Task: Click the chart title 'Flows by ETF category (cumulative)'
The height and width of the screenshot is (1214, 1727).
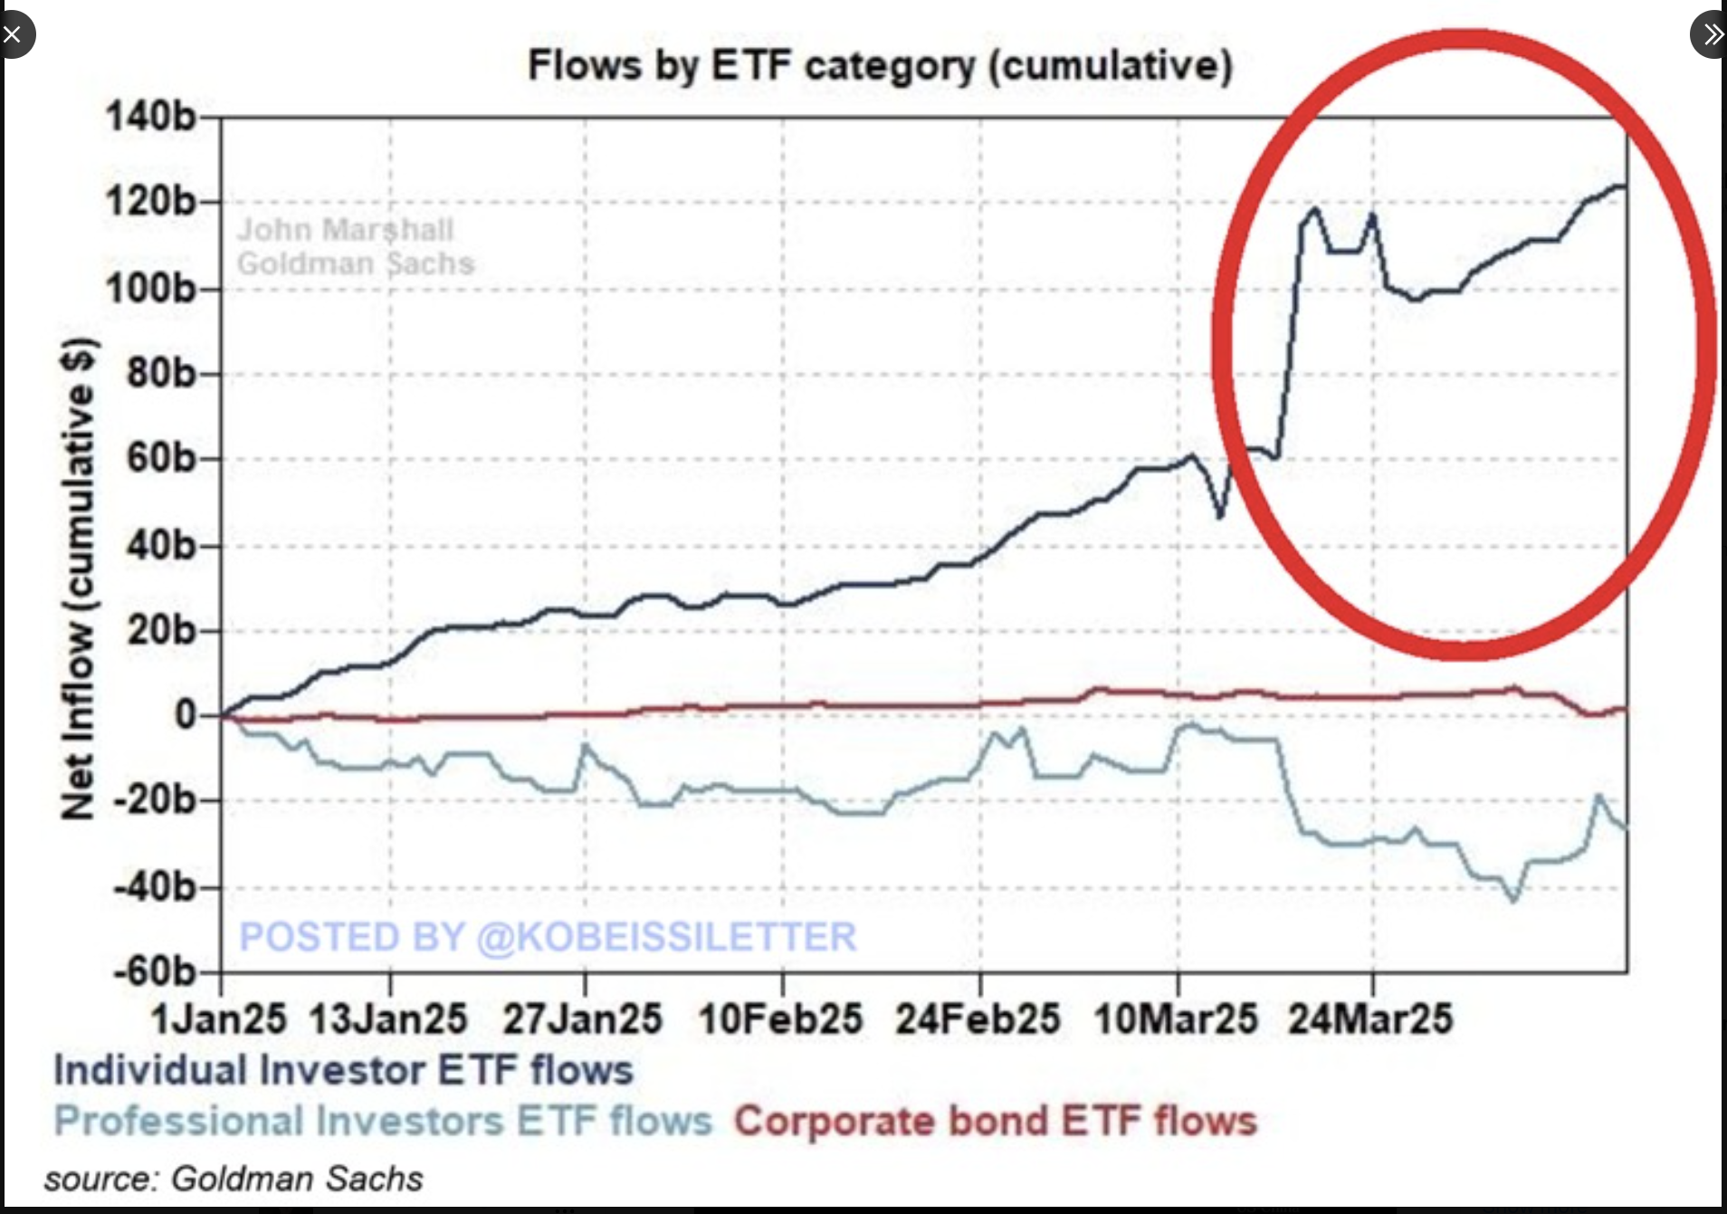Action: point(880,66)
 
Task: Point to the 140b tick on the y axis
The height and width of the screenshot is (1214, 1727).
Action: point(151,117)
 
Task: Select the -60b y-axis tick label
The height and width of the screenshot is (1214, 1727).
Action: point(155,971)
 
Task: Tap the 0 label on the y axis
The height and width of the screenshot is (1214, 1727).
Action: point(186,715)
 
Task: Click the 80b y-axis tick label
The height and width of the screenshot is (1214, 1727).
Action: point(161,374)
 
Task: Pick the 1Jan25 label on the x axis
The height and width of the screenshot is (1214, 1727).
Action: point(219,1019)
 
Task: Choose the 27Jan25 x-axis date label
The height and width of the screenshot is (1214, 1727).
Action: point(583,1019)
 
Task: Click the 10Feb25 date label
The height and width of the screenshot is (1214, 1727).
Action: point(780,1019)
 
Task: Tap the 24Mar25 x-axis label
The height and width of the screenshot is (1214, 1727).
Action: point(1370,1019)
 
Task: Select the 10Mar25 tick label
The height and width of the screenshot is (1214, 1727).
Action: point(1175,1019)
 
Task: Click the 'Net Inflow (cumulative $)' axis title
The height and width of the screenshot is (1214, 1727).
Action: point(79,579)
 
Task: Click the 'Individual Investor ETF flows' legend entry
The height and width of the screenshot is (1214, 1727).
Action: point(343,1070)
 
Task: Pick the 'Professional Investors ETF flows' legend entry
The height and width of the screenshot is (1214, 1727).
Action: point(383,1122)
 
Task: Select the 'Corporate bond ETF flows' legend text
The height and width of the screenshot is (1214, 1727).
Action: point(996,1122)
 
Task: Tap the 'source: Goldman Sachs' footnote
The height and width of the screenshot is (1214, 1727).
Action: point(234,1179)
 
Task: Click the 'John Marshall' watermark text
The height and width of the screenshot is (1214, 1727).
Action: point(346,230)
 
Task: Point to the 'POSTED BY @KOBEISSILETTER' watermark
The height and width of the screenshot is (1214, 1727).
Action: point(548,937)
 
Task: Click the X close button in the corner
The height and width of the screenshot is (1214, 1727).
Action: point(13,35)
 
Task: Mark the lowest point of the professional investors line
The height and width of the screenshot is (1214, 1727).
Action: point(1513,899)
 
